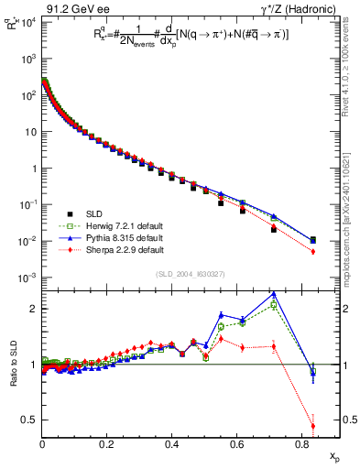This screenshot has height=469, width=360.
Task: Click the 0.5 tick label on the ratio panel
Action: tap(30, 420)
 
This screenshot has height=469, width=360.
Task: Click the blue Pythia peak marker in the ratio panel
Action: tap(274, 294)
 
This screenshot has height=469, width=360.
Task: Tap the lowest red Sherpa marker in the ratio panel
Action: tap(313, 425)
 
